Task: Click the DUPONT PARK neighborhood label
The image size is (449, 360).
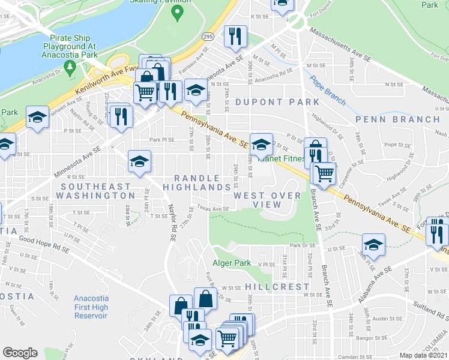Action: click(277, 102)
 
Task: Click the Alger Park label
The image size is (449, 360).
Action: click(231, 263)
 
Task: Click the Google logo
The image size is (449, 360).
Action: click(20, 352)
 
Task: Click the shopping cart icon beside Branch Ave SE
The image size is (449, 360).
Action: click(324, 173)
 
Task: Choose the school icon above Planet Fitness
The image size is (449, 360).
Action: click(261, 144)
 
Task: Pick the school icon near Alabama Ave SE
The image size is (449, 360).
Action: click(373, 244)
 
